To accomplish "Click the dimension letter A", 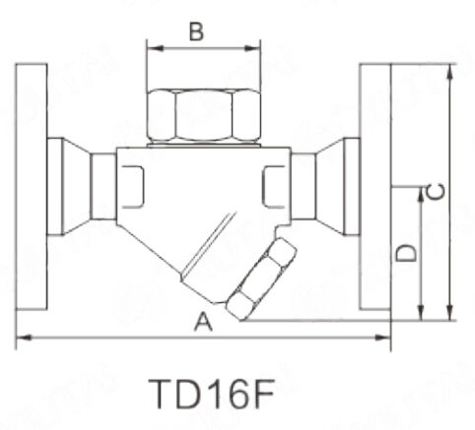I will (x=202, y=321).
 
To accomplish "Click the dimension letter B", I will (x=196, y=31).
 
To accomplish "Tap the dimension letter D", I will (x=405, y=252).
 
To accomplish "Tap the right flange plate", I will (x=374, y=187).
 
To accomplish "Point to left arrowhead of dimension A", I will (x=21, y=338).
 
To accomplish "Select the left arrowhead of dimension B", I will (x=151, y=45).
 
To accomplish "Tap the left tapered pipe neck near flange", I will (x=67, y=187).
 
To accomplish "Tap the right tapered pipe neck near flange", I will (x=339, y=187).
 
